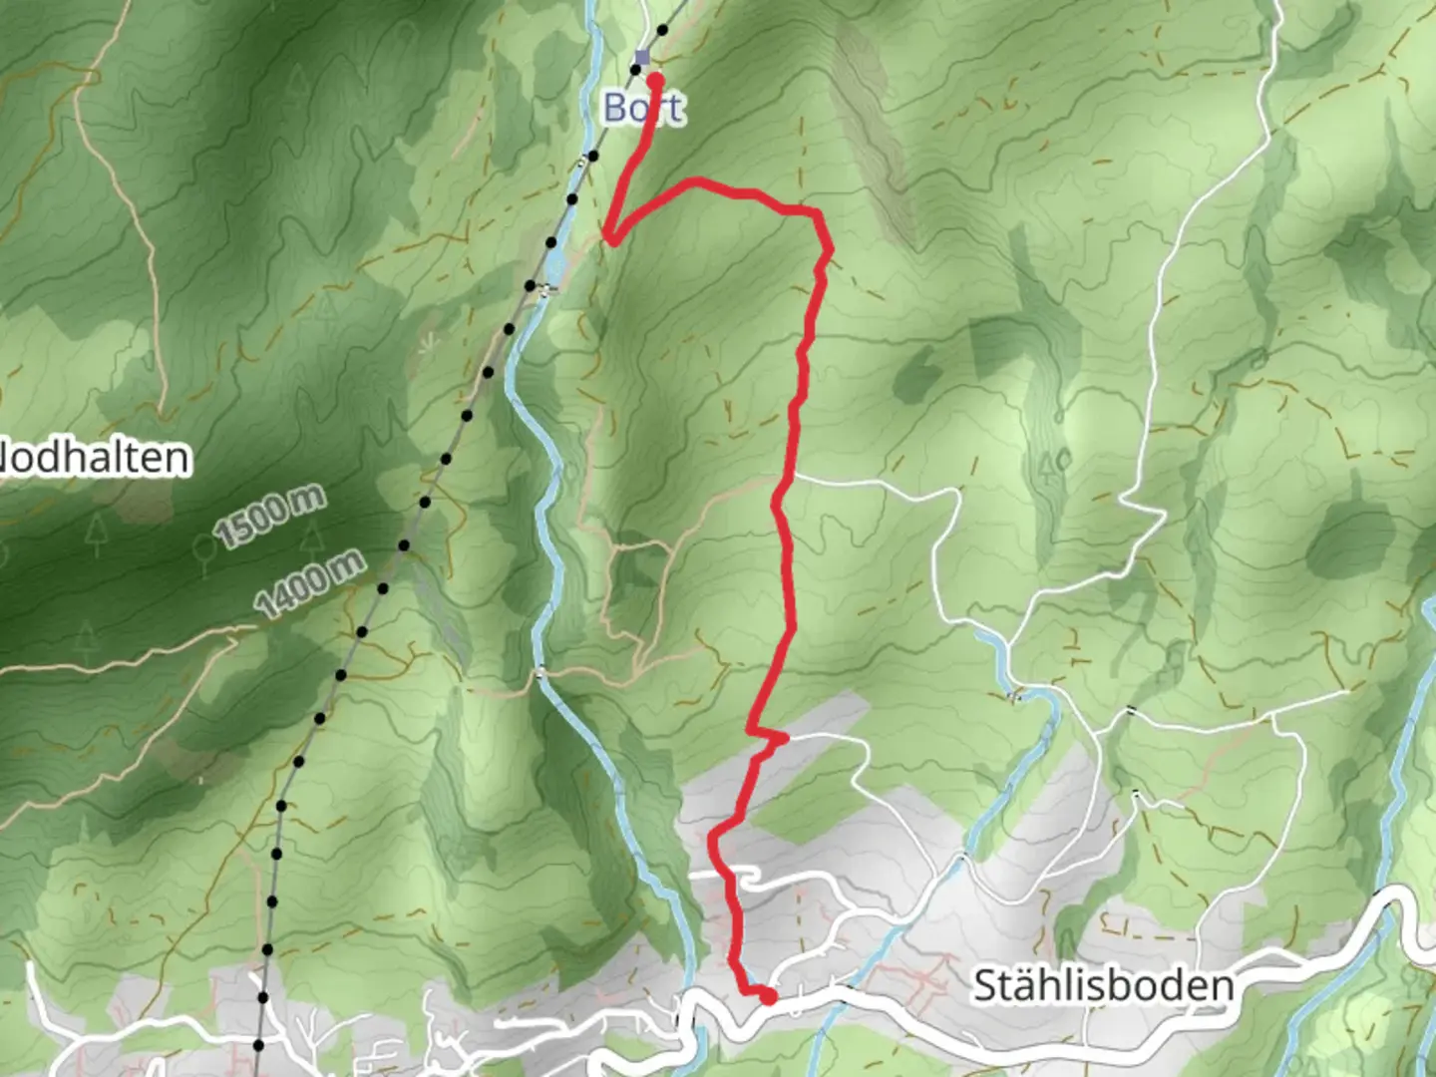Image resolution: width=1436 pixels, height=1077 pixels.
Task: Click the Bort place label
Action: click(643, 108)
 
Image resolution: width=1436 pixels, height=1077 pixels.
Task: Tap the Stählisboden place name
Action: click(1103, 986)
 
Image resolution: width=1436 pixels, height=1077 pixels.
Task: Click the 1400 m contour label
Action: click(309, 584)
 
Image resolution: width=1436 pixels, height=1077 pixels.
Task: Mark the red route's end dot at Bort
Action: click(655, 79)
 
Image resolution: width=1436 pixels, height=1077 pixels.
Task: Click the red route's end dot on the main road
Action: click(768, 995)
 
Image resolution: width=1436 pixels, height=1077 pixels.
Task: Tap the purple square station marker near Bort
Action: click(642, 58)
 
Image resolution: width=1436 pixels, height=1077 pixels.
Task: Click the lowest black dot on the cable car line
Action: click(258, 1045)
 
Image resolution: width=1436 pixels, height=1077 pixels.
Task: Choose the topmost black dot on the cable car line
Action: click(662, 31)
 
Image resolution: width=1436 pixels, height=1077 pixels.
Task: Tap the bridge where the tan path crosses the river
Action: click(540, 673)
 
